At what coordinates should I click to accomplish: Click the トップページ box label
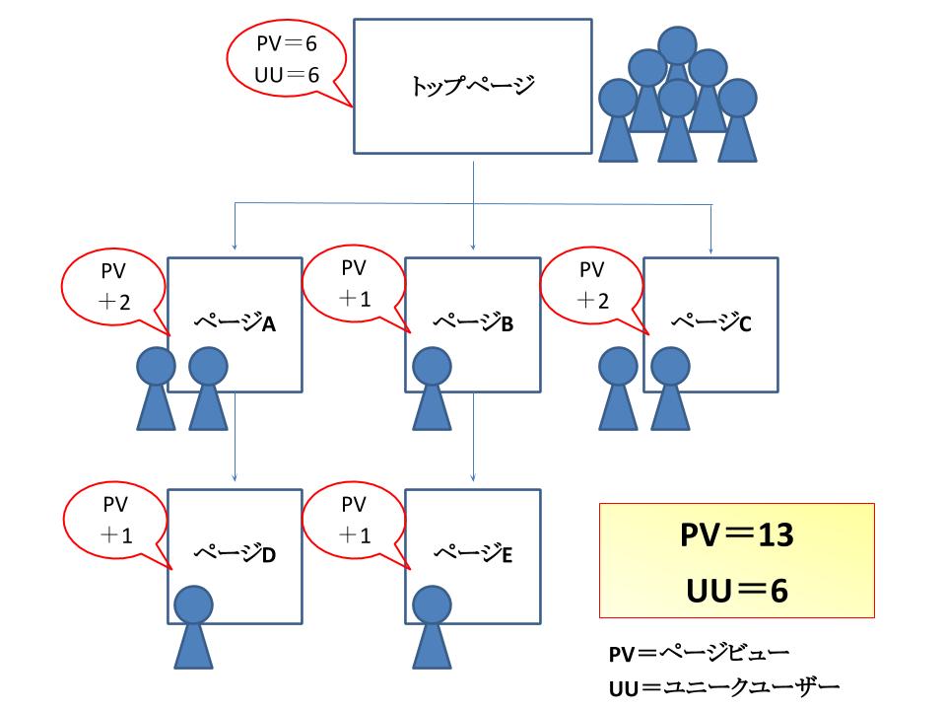[x=472, y=86]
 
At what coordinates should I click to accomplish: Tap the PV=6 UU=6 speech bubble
[x=286, y=59]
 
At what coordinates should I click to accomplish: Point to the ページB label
[x=474, y=322]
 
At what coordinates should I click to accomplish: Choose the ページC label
[x=711, y=321]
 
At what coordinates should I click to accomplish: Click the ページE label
[x=474, y=553]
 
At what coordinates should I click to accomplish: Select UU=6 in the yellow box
[x=737, y=589]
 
